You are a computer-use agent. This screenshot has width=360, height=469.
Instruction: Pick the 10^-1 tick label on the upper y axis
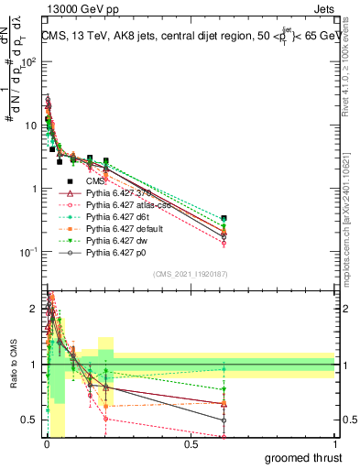point(27,251)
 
